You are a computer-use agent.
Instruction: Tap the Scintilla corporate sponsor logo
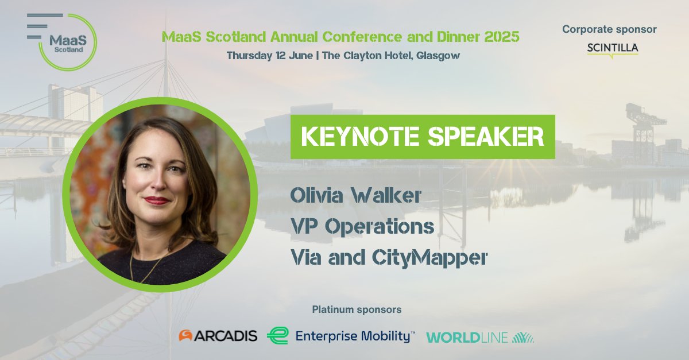tap(613, 48)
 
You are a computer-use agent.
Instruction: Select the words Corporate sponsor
tap(609, 29)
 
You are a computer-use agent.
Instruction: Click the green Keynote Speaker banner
tap(423, 137)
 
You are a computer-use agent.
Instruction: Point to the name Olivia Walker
tap(356, 196)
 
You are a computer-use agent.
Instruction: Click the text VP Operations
tap(362, 227)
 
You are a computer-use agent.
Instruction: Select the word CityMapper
tap(437, 258)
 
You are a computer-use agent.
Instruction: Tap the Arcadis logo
tap(218, 336)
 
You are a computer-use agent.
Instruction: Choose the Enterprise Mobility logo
tap(341, 336)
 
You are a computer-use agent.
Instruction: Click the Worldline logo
tap(479, 337)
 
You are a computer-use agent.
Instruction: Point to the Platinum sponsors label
tap(357, 310)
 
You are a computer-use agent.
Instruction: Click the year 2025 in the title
tap(502, 37)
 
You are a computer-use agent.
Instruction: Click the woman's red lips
tap(156, 200)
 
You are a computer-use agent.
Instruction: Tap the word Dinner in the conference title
tap(455, 37)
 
